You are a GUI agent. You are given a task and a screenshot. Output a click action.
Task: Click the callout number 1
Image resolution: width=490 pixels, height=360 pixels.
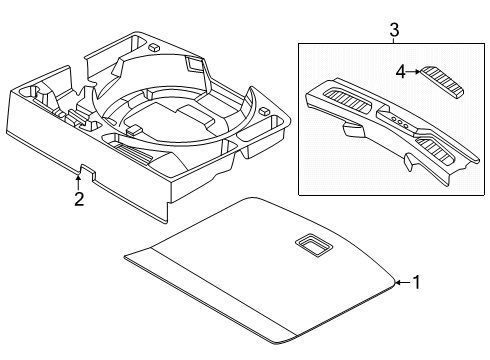pos(417,282)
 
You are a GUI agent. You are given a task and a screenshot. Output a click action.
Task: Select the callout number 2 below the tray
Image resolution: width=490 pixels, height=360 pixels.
pos(79,199)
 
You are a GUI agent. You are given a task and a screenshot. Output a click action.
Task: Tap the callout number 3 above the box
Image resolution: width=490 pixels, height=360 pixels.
pos(394,30)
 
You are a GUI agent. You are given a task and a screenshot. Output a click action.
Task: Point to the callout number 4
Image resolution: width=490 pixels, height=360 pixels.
pos(401,72)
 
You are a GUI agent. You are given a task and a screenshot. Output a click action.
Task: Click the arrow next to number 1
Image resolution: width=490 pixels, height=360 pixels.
pos(403,283)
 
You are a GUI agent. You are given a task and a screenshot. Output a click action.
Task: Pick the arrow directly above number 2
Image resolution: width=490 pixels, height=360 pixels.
pos(78,182)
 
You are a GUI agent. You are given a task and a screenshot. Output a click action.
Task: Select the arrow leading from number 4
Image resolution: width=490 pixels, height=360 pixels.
pos(414,71)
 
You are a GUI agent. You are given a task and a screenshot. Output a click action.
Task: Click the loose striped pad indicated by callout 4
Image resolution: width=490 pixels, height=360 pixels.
pos(442,81)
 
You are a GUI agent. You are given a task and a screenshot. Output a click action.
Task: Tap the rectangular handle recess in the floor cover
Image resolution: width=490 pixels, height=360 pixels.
pos(314,245)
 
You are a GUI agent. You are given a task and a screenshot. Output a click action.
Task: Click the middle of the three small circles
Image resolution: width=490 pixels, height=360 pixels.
pos(400,123)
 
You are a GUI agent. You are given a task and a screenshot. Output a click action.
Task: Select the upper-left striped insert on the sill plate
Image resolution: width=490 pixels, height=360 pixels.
pos(348,100)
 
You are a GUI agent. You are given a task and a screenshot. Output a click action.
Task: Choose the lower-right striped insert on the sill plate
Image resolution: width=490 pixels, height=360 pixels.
pos(436,150)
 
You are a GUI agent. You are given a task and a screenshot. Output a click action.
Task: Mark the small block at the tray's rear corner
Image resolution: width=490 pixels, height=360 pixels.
pos(154,46)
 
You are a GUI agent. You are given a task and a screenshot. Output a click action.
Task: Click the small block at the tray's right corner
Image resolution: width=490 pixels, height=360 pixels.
pos(264,111)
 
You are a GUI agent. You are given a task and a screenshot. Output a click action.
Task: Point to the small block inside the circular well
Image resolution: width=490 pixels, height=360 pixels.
pos(135,129)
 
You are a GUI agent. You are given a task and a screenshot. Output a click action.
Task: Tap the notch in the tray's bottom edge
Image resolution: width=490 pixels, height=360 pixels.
pos(88,172)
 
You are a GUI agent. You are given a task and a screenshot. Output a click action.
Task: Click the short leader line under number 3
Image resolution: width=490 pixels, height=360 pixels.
pos(394,41)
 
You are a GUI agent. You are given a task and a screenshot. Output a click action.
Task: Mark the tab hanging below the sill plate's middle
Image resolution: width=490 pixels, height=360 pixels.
pos(409,162)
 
